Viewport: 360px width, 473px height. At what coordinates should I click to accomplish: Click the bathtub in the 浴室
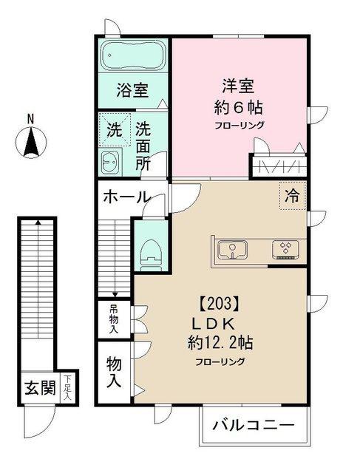pos(133,55)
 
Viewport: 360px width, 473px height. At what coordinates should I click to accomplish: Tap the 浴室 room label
pos(132,90)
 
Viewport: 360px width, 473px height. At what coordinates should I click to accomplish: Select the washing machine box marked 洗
pos(115,130)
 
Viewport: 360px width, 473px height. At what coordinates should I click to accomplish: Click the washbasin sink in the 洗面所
pos(109,163)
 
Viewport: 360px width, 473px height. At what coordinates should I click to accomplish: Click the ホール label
pos(126,197)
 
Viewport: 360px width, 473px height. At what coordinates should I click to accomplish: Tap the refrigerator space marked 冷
pos(293,196)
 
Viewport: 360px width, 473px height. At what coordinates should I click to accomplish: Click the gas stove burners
pos(285,250)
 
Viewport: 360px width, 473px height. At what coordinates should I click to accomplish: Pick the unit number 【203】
pos(220,304)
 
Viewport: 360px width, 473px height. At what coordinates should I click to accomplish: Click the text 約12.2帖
pos(220,343)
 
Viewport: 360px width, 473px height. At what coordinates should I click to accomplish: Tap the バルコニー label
pos(253,426)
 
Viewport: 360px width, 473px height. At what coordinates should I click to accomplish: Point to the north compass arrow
pos(31,142)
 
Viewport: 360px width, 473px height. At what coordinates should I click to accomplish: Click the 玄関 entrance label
pos(40,388)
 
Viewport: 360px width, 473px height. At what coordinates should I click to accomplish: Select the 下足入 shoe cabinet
pos(68,387)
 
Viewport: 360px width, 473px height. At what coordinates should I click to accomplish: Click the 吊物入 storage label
pos(114,319)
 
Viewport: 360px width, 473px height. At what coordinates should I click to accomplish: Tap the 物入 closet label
pos(114,372)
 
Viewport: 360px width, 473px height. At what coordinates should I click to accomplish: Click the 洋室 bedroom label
pos(238,86)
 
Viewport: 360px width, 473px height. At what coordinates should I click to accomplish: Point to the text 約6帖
pos(238,107)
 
